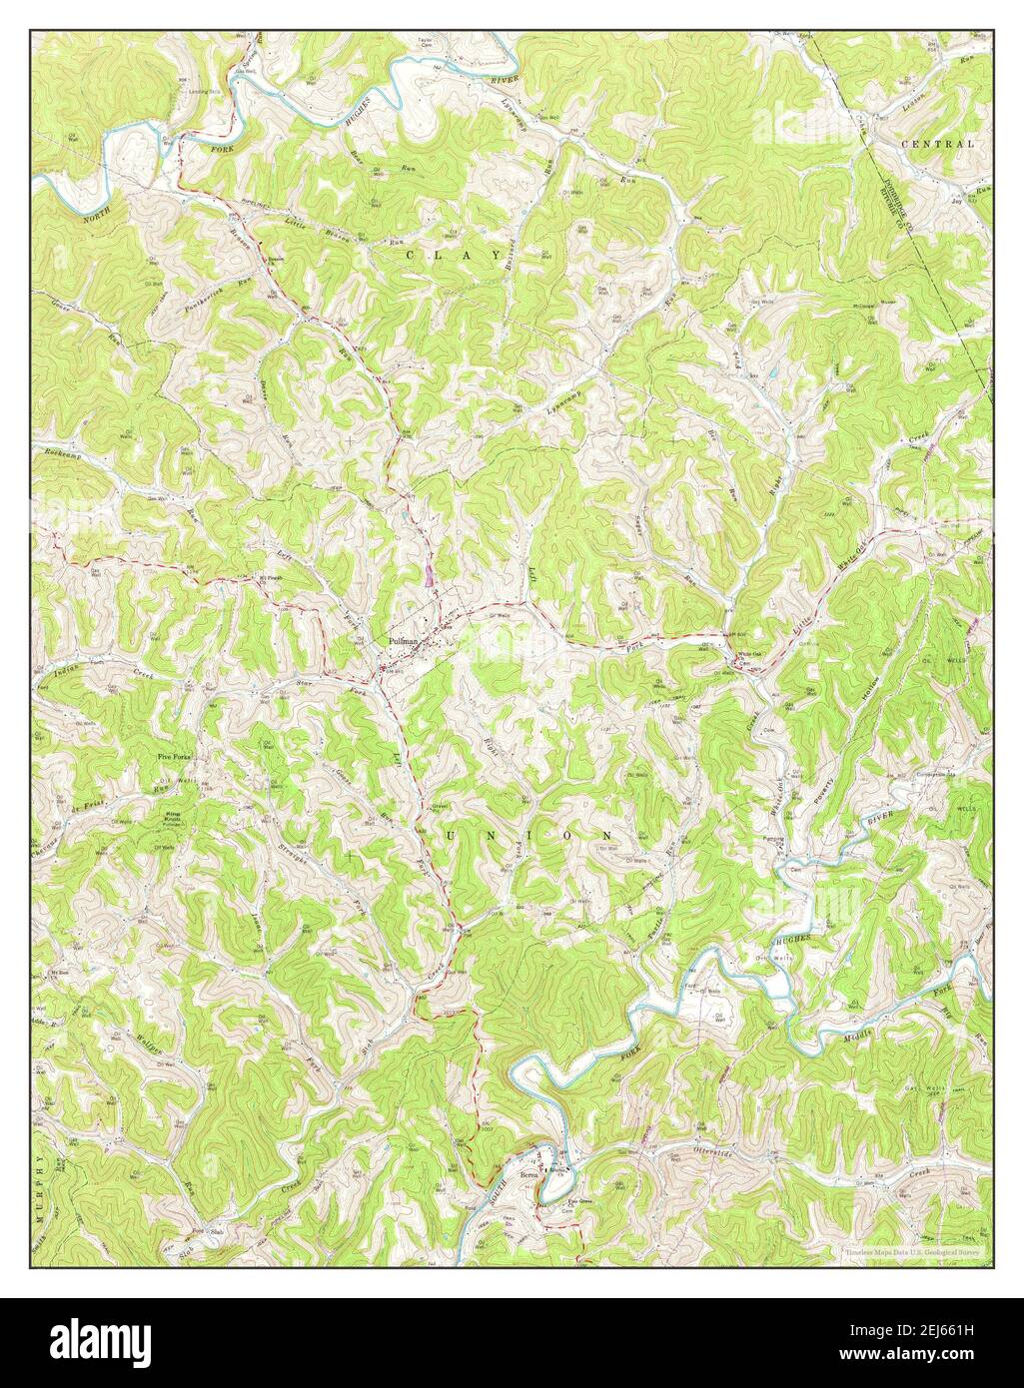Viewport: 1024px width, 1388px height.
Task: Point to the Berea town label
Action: pos(529,1176)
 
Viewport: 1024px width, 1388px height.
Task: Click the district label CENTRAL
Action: pos(937,144)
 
